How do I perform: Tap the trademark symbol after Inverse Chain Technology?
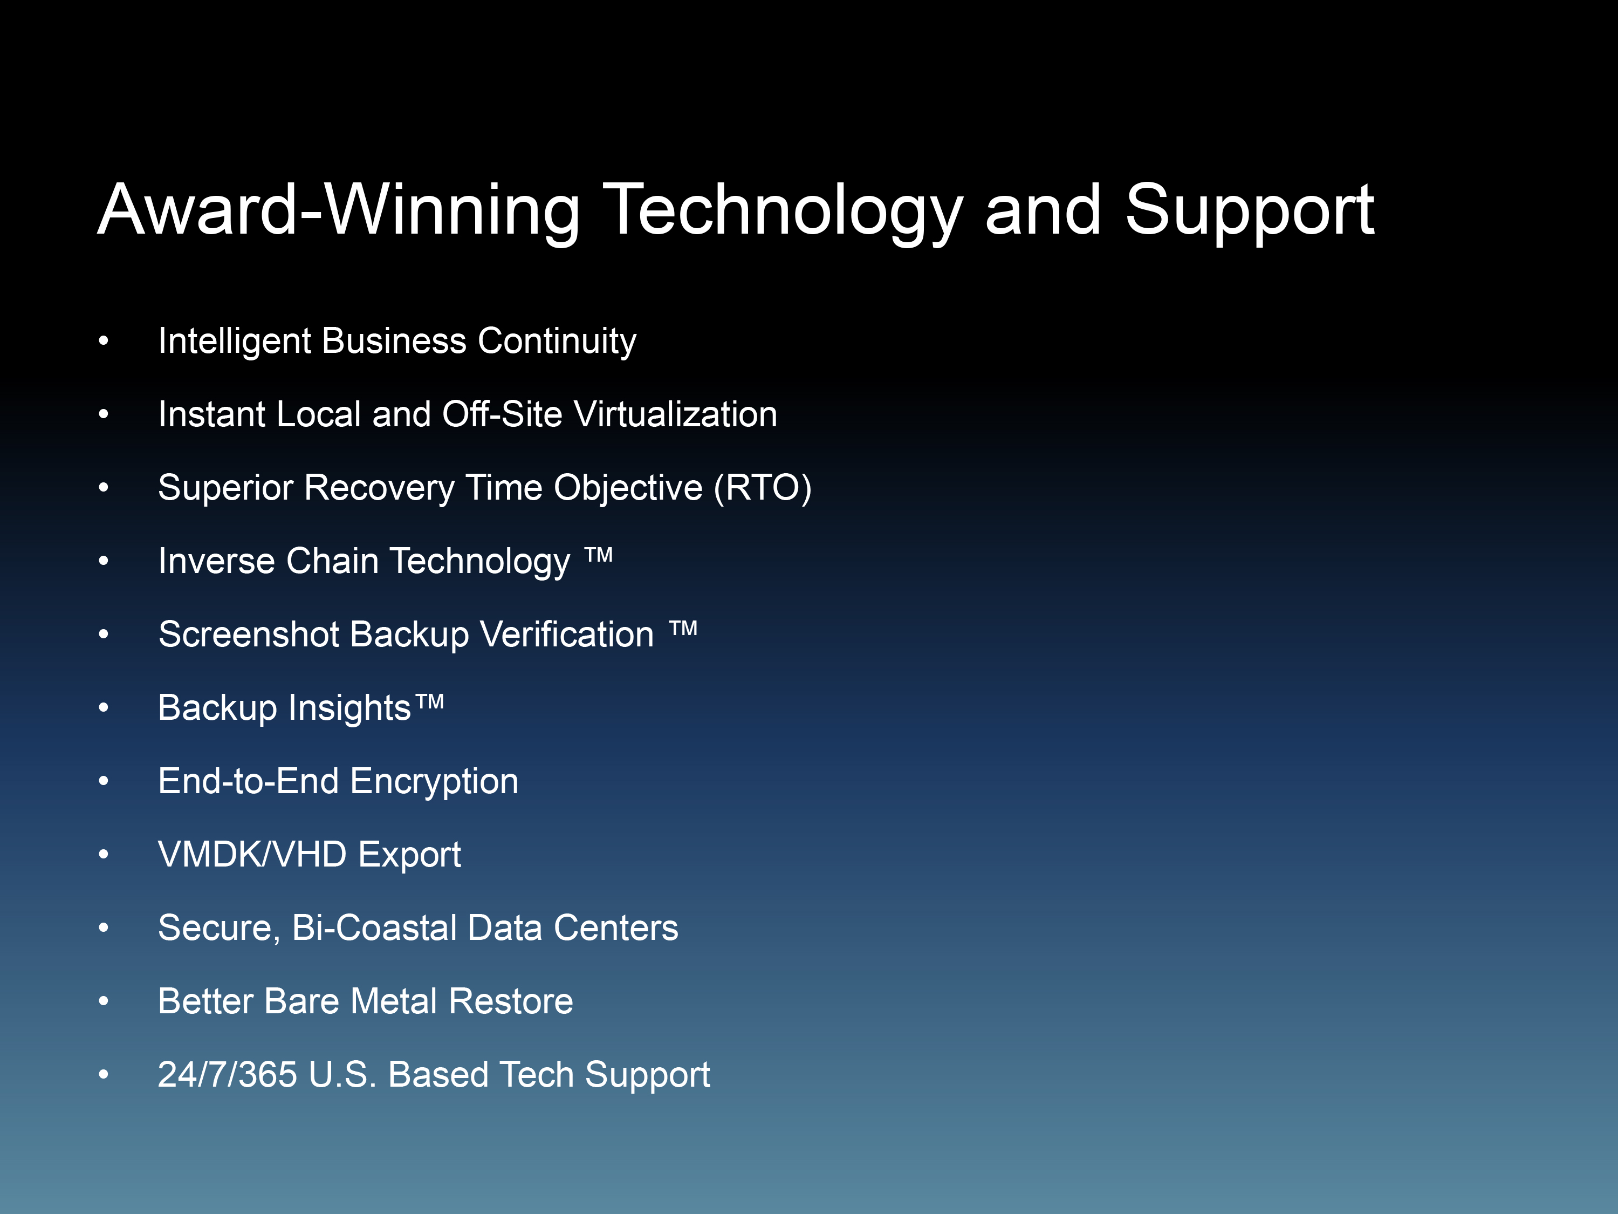pyautogui.click(x=598, y=555)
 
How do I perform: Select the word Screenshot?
pyautogui.click(x=249, y=634)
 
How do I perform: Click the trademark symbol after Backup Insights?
pyautogui.click(x=429, y=702)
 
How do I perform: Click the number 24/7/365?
pyautogui.click(x=228, y=1074)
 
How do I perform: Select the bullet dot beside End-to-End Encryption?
pyautogui.click(x=104, y=781)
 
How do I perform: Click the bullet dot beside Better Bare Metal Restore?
pyautogui.click(x=104, y=1001)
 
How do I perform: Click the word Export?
pyautogui.click(x=409, y=855)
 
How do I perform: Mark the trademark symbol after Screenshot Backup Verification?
pyautogui.click(x=683, y=628)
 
